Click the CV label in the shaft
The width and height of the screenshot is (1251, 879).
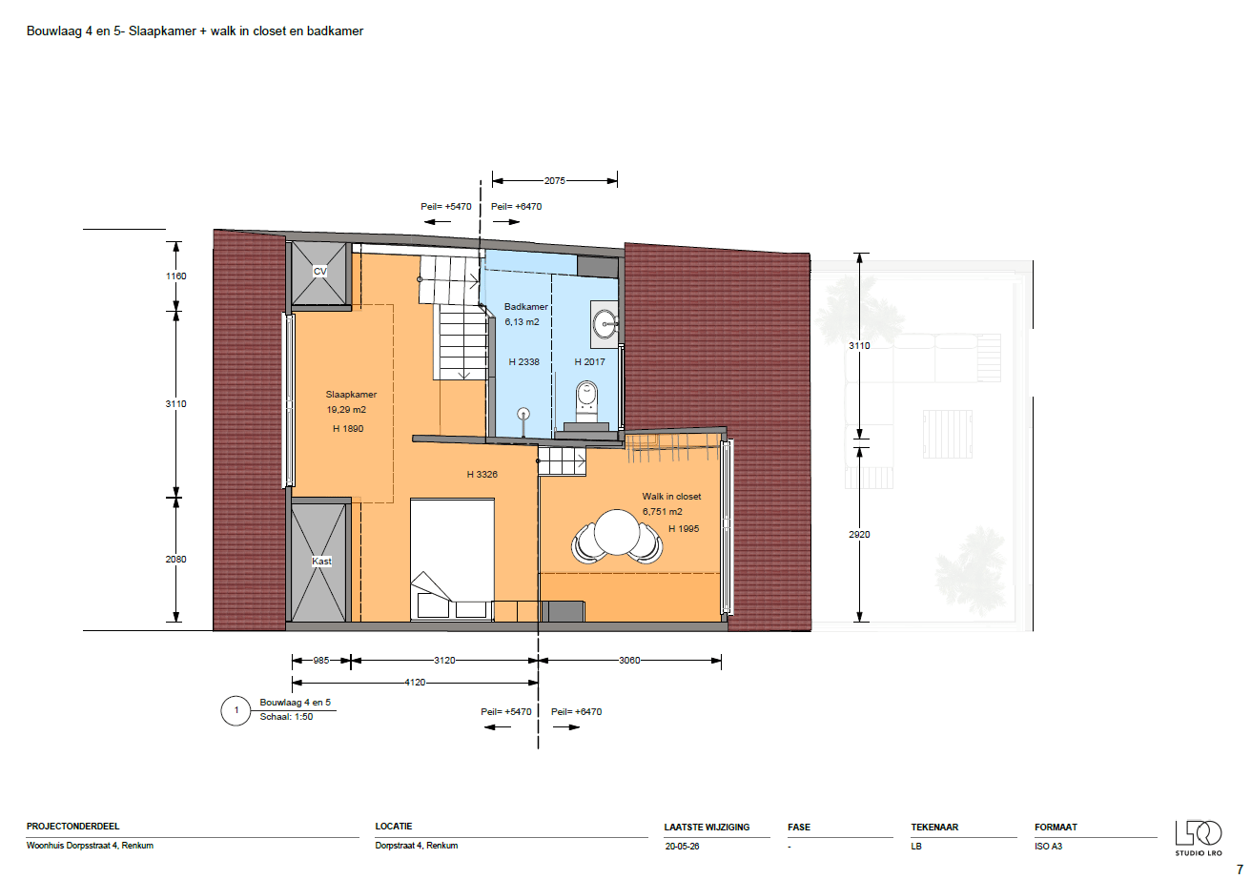[x=319, y=272]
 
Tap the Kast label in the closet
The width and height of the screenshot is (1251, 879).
[x=321, y=561]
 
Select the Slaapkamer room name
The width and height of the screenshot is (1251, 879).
[x=351, y=395]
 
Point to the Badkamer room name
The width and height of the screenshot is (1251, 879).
[x=526, y=307]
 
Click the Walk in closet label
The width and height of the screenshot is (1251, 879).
[x=671, y=496]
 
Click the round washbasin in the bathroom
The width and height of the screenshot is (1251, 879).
[x=605, y=324]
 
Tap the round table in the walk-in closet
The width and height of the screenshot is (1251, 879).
[x=617, y=532]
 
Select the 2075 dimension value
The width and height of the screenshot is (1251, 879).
[x=555, y=180]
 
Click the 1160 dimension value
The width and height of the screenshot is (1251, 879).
[x=175, y=276]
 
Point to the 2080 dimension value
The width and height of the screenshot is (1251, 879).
[x=175, y=559]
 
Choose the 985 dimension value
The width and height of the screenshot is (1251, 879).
[x=321, y=660]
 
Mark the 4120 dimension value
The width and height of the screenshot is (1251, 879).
[x=415, y=682]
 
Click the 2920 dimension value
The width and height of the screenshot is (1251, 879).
[x=859, y=535]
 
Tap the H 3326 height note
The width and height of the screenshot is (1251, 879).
[x=482, y=474]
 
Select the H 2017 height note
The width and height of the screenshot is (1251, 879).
[x=590, y=362]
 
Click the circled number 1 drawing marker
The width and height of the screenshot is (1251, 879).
[x=236, y=710]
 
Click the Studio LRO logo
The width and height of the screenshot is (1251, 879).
[x=1199, y=838]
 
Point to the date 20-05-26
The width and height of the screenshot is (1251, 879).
[x=682, y=846]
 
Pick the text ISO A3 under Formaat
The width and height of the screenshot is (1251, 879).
[x=1048, y=846]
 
